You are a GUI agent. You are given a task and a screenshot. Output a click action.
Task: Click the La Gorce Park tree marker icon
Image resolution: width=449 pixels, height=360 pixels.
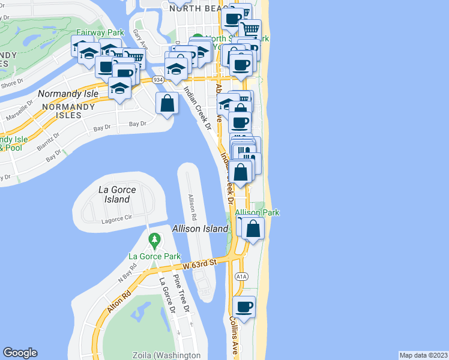[x=155, y=241]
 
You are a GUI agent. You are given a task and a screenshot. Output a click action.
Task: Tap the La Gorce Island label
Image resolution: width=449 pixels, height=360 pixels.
[x=117, y=194]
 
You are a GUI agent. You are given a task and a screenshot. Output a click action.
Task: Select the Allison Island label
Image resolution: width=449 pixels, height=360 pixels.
[x=200, y=229]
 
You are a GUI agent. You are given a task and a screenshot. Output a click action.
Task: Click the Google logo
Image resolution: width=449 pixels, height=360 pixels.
[x=20, y=353]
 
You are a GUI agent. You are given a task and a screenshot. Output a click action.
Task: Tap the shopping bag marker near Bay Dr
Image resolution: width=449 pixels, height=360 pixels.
[x=167, y=104]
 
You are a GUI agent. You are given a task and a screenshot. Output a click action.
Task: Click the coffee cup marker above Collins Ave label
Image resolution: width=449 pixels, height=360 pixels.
[x=244, y=308]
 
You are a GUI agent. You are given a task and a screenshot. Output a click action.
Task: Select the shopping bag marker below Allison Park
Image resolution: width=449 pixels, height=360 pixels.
[x=253, y=229]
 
